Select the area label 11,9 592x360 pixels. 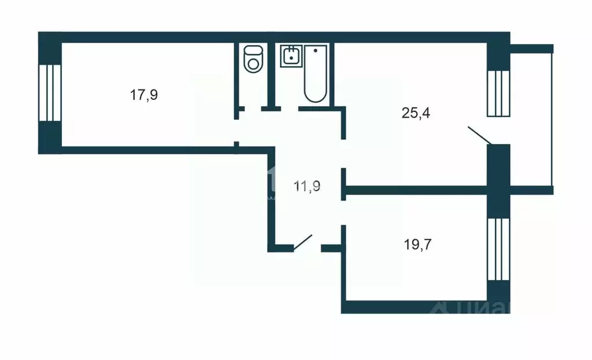pyautogui.click(x=308, y=186)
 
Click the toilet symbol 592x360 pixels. pyautogui.click(x=253, y=61)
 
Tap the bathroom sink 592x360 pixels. pyautogui.click(x=291, y=57)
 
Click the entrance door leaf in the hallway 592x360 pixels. pyautogui.click(x=303, y=243)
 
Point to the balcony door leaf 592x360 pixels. pyautogui.click(x=479, y=135)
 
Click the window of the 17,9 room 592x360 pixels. pyautogui.click(x=50, y=92)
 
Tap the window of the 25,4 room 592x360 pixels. pyautogui.click(x=498, y=92)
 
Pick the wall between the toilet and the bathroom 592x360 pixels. pyautogui.click(x=270, y=75)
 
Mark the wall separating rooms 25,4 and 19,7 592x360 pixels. pyautogui.click(x=416, y=190)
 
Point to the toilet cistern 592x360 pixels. pyautogui.click(x=253, y=50)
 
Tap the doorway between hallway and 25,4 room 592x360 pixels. pyautogui.click(x=343, y=154)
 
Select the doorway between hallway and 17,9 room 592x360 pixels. pyautogui.click(x=236, y=130)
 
